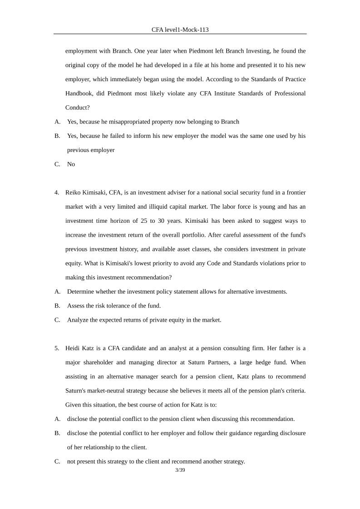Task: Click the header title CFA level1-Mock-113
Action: (x=180, y=29)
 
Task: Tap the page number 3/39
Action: (x=180, y=470)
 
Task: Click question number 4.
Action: (x=57, y=192)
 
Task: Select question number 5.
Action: (x=57, y=348)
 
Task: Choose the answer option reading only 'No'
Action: (x=71, y=164)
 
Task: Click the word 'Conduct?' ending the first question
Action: (x=77, y=108)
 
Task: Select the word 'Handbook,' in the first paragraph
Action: (x=80, y=93)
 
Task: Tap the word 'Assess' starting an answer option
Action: (x=76, y=305)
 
